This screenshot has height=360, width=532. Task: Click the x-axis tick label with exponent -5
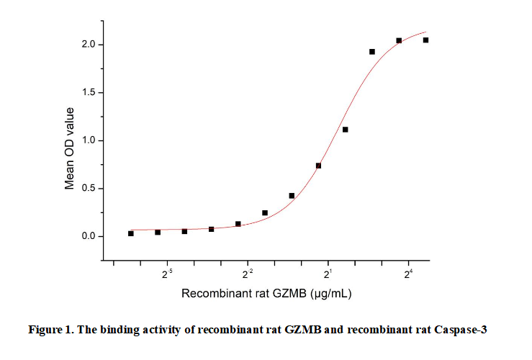(x=167, y=274)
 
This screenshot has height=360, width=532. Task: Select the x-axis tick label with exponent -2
(x=248, y=274)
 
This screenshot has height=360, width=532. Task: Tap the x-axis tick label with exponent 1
(x=328, y=274)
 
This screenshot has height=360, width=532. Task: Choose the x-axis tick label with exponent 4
(x=408, y=274)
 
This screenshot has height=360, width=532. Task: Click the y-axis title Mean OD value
(x=70, y=148)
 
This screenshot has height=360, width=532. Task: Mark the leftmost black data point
(x=131, y=233)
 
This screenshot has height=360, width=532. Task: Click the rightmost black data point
(x=425, y=40)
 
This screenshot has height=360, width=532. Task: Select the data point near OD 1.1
(x=345, y=130)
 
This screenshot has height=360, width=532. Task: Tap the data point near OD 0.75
(x=318, y=166)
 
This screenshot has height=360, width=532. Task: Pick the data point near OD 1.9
(x=372, y=52)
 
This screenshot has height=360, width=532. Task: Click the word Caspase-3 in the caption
(x=462, y=330)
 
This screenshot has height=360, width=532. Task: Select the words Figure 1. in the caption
(x=49, y=330)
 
